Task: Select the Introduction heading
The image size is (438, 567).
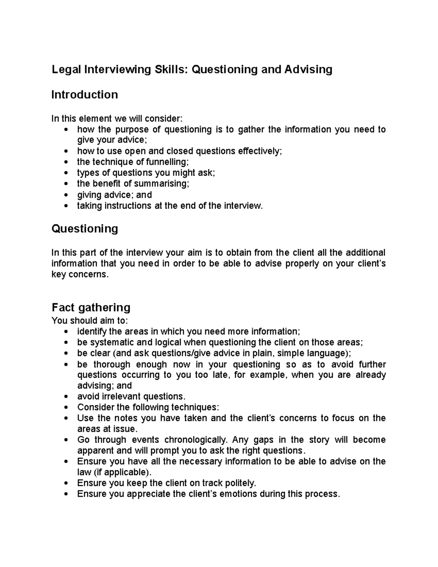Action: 84,95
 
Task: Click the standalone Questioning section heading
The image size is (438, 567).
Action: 84,229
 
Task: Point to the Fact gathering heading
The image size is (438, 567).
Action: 91,307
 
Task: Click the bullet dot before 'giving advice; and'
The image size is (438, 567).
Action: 66,195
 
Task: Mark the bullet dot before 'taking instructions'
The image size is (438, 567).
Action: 66,206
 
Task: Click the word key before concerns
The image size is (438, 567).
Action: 59,274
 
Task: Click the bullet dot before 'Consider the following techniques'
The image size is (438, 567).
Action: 66,407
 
